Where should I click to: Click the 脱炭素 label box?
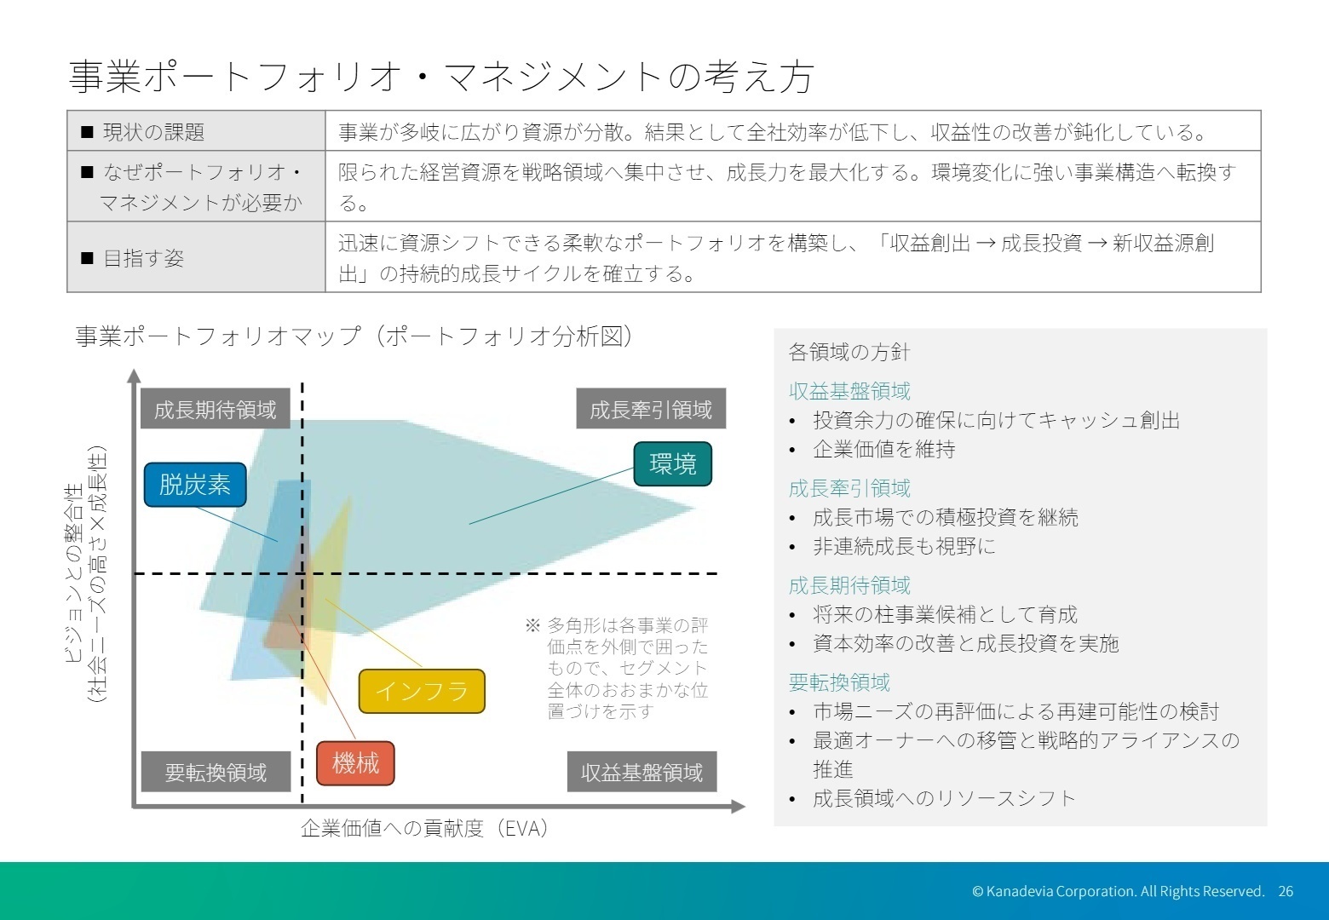tap(195, 485)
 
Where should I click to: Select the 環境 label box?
tap(673, 463)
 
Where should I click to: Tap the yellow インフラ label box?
tap(422, 691)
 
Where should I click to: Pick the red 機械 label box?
tap(355, 763)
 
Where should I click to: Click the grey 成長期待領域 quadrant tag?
tap(216, 410)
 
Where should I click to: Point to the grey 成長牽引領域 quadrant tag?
tap(651, 410)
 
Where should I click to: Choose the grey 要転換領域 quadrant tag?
tap(216, 772)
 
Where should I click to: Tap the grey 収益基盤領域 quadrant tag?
tap(641, 772)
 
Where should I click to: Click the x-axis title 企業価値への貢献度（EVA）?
tap(424, 828)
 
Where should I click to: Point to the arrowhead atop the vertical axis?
tap(134, 376)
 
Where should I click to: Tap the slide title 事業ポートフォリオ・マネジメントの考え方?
tap(440, 77)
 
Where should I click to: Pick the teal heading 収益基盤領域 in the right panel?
tap(849, 391)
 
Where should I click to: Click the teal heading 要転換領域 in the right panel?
tap(839, 682)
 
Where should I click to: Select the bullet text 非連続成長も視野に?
tap(904, 546)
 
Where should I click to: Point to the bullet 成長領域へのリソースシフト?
tap(944, 798)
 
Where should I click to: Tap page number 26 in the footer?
tap(1286, 891)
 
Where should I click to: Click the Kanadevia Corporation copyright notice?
tap(1118, 891)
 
